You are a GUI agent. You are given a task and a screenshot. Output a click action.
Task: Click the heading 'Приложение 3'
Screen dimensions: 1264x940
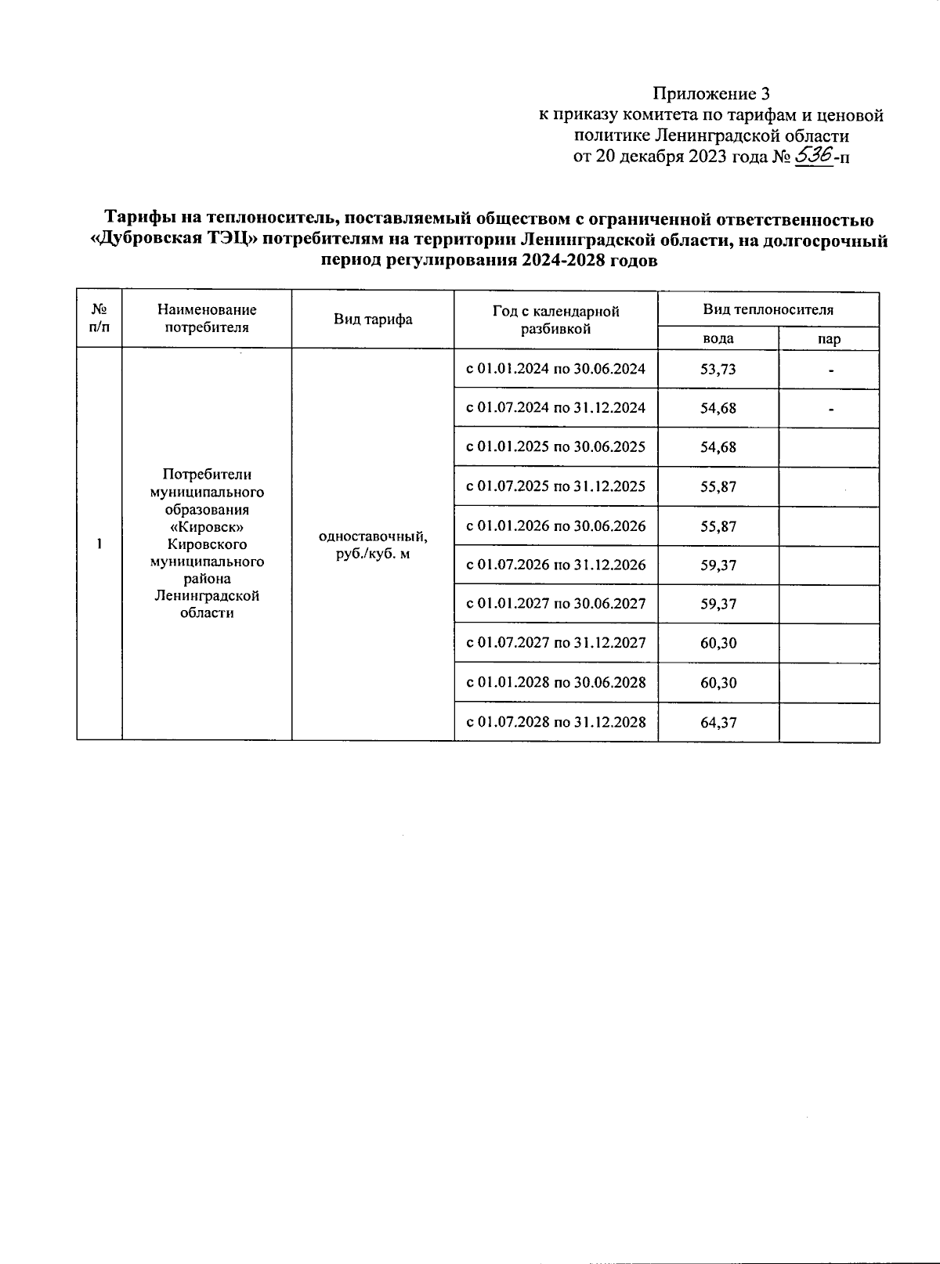pyautogui.click(x=710, y=94)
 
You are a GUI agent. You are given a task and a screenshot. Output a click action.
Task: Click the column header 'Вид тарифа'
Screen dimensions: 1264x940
pyautogui.click(x=373, y=320)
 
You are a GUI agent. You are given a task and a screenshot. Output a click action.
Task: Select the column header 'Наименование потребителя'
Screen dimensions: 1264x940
pyautogui.click(x=207, y=320)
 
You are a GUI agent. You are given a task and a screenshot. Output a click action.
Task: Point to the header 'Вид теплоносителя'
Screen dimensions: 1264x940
pyautogui.click(x=768, y=309)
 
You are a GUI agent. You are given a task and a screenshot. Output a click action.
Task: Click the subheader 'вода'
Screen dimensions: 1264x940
pyautogui.click(x=718, y=339)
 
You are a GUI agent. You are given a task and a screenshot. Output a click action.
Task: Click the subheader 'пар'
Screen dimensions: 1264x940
pyautogui.click(x=829, y=339)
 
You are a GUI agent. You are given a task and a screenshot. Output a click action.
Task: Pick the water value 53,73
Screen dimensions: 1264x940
pyautogui.click(x=718, y=370)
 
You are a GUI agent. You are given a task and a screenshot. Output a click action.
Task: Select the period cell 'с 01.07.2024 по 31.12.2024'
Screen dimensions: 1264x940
pyautogui.click(x=555, y=408)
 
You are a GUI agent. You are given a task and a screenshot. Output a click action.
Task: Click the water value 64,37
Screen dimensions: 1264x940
pyautogui.click(x=718, y=722)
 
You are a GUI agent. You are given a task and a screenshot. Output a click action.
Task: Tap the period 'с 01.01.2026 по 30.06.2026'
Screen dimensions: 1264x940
pyautogui.click(x=555, y=525)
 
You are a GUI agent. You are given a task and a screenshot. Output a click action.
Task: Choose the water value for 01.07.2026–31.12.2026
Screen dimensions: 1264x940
pyautogui.click(x=718, y=565)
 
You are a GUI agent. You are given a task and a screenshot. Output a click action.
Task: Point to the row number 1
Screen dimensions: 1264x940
pyautogui.click(x=99, y=544)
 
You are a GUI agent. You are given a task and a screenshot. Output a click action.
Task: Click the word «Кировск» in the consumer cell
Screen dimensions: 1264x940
pyautogui.click(x=207, y=527)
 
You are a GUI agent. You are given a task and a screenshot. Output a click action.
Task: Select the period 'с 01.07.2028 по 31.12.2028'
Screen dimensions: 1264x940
pyautogui.click(x=555, y=722)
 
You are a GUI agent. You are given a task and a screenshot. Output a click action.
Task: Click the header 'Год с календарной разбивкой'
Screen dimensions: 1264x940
pyautogui.click(x=555, y=320)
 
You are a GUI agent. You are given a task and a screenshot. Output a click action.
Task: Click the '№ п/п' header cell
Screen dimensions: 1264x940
pyautogui.click(x=99, y=320)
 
